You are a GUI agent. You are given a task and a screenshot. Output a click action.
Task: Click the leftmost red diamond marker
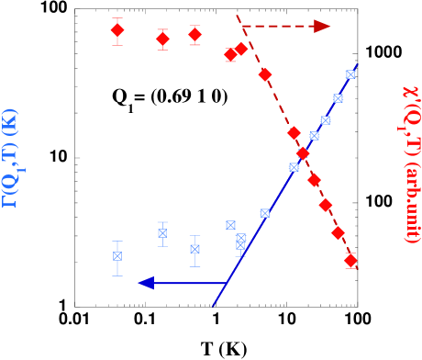(x=117, y=30)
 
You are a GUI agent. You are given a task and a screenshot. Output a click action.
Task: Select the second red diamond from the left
(x=162, y=39)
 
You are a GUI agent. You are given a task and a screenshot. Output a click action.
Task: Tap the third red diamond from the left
(x=194, y=35)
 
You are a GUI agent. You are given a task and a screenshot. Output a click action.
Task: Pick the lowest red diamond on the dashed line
(x=350, y=261)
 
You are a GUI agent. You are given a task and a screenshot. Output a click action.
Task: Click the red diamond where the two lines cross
(x=303, y=153)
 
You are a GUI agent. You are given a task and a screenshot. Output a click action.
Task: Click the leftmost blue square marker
(x=117, y=256)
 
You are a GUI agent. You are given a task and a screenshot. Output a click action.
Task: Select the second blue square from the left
(x=162, y=233)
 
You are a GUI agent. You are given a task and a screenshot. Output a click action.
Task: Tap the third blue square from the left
(x=194, y=249)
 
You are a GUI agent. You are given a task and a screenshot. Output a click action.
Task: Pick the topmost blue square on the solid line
(x=350, y=74)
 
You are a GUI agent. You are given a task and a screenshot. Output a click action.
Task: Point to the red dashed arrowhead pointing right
(x=322, y=26)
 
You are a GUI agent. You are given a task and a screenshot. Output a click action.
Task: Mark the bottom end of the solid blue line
(x=214, y=304)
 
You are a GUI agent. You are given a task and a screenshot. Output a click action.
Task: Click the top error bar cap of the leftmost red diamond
(x=117, y=17)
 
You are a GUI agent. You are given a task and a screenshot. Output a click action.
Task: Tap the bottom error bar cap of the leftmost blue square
(x=117, y=275)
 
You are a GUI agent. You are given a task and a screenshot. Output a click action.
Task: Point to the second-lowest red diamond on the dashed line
(x=338, y=232)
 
